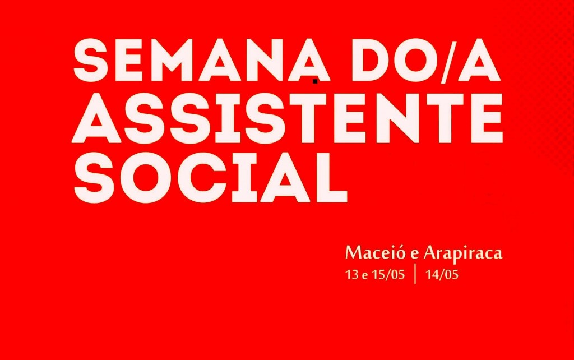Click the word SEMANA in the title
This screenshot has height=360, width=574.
201,60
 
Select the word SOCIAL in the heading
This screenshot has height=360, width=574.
211,178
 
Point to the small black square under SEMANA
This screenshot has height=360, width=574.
315,82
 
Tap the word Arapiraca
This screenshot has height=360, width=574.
463,253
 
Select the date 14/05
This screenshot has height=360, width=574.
442,275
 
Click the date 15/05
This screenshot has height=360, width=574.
388,275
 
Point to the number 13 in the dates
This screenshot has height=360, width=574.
352,275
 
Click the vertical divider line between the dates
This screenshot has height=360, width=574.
415,274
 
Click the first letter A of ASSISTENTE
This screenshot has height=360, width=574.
96,119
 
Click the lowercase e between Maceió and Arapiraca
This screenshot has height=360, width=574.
412,255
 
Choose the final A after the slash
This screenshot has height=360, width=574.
480,61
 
